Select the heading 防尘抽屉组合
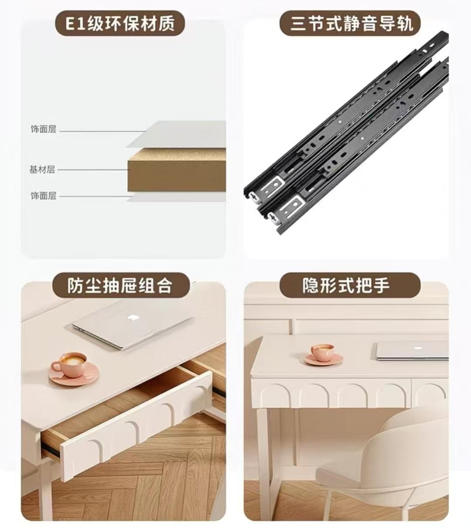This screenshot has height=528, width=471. point(120,286)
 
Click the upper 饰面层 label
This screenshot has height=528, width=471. point(43,129)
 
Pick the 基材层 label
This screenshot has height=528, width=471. point(42,169)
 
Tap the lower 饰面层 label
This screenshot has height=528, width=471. point(43,196)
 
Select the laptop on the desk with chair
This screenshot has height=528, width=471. point(412,350)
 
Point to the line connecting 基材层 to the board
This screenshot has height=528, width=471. point(92,170)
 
